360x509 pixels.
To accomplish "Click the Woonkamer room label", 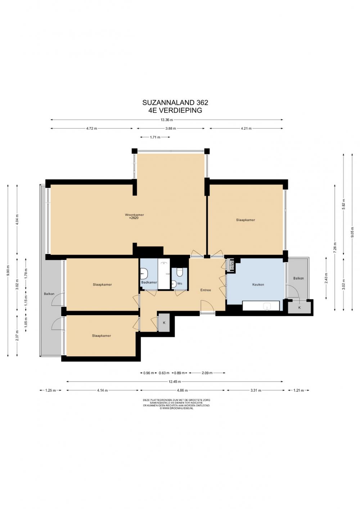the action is coord(135,215).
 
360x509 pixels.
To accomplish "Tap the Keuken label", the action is coord(258,285).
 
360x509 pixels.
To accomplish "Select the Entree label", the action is coord(206,290).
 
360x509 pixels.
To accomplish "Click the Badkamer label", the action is coord(149,282).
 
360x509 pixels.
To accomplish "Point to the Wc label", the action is coord(180,283).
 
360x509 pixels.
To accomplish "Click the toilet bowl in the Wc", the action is coord(180,272).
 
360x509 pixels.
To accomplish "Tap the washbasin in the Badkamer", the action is coord(144,273).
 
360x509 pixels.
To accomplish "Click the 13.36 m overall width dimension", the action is coord(167,120).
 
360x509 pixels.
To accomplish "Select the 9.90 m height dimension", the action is coord(8,271).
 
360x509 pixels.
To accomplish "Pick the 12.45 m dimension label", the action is coord(175,382).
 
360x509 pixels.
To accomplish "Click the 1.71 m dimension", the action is coord(155,137).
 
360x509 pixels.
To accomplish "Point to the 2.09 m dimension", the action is coord(207,373).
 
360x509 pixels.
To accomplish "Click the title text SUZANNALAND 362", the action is coord(175,103).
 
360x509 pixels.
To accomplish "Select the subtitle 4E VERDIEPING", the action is coord(175,111).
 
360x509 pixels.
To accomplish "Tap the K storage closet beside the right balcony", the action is coord(299,308).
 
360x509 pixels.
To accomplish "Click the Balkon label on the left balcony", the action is coord(49,294).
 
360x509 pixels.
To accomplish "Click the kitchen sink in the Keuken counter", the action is coord(268,306).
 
